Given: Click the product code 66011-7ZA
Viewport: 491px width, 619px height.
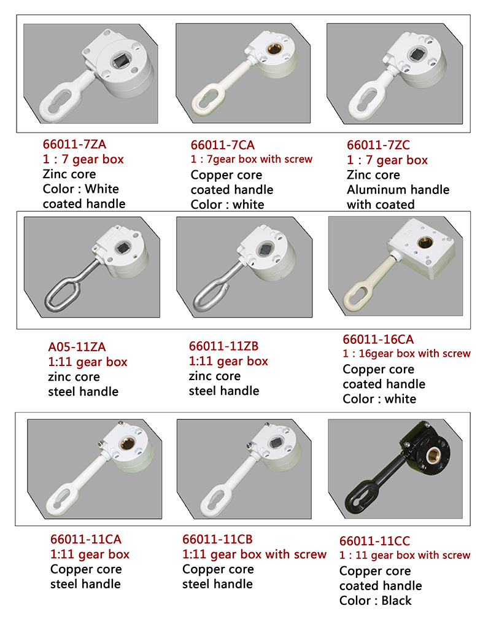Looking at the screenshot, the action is click(75, 144).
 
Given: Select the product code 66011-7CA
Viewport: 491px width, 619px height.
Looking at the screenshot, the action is click(223, 146).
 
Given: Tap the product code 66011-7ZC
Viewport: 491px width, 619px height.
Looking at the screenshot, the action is click(378, 146).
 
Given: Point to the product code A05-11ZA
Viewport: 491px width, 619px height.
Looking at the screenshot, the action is click(77, 347).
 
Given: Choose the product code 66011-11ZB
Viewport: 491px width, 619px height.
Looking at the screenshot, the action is click(223, 346).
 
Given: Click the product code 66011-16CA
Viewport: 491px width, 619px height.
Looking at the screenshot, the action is click(378, 340).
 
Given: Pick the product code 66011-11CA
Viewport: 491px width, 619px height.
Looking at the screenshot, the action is click(86, 539).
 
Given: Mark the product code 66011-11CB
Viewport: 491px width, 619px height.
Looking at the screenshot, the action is click(217, 539).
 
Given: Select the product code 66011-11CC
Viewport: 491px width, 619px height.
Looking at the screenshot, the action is click(374, 541).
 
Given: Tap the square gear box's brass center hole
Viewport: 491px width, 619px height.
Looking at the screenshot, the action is click(425, 242).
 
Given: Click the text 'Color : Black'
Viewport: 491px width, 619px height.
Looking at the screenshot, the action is click(376, 601).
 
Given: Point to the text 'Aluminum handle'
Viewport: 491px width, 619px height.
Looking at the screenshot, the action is click(398, 190).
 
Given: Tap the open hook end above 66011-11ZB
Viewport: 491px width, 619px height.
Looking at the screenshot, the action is click(225, 289).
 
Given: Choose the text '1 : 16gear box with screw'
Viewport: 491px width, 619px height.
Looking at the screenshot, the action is click(406, 354).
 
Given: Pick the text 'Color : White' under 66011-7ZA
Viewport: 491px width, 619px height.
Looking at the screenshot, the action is click(80, 189).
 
